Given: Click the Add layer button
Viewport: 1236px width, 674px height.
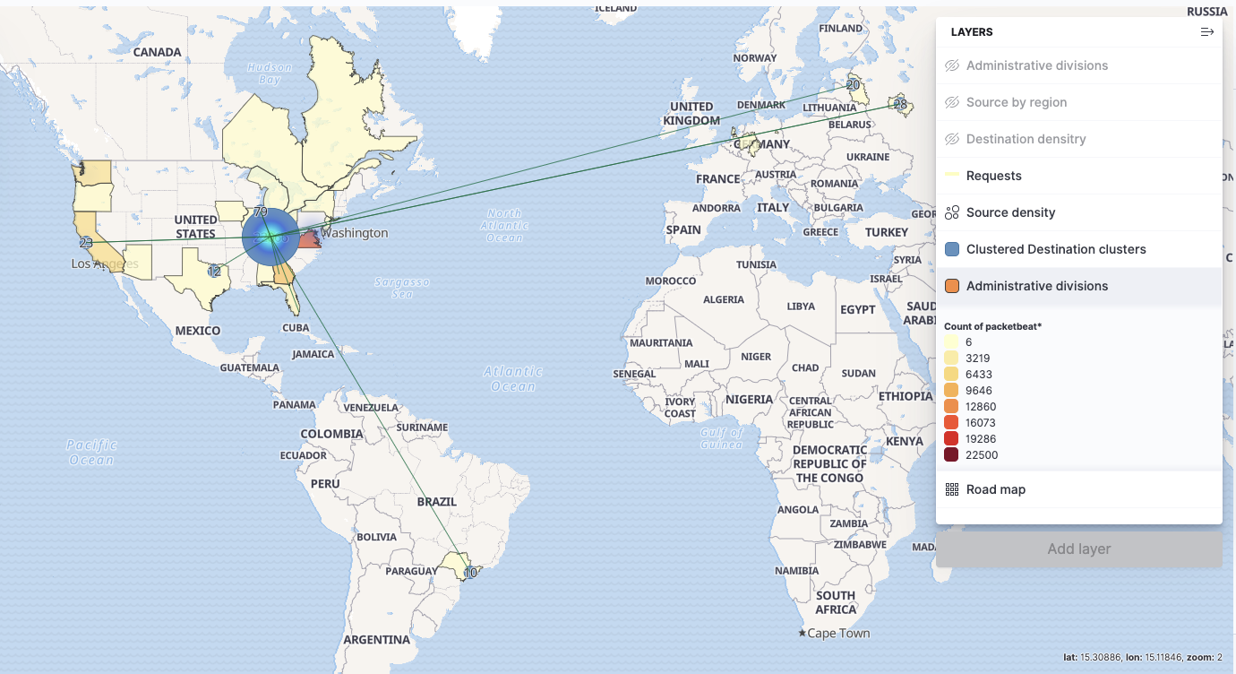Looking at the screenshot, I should click(1078, 549).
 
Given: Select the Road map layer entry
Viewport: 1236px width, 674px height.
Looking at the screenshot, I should click(995, 489).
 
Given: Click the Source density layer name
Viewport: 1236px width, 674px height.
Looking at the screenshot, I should click(1010, 212).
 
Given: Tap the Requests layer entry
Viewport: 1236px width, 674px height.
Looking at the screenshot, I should click(993, 176).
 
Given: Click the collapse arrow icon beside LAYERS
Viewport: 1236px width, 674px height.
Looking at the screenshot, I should click(1206, 32).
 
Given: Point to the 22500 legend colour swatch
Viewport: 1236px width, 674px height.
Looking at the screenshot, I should click(951, 455).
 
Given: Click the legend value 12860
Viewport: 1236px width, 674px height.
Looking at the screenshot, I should click(981, 407).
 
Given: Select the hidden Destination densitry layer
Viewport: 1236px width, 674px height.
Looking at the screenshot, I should click(1026, 139).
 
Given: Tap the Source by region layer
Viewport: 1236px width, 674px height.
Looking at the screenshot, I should click(1016, 102).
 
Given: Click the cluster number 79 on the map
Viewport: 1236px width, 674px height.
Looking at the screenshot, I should click(260, 212).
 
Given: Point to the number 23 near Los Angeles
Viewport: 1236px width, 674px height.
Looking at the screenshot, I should click(86, 243).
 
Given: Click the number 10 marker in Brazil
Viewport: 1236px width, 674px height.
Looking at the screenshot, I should click(470, 573).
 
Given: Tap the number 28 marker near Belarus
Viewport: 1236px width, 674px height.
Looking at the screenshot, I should click(899, 105).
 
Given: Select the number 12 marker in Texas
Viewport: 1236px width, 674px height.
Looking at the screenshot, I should click(214, 272).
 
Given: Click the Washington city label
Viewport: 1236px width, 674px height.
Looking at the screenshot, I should click(355, 233).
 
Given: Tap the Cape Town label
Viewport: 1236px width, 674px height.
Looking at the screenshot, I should click(838, 634).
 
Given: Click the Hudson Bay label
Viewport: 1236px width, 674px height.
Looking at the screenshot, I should click(270, 73).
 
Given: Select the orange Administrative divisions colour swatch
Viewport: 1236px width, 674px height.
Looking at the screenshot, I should click(952, 286).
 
